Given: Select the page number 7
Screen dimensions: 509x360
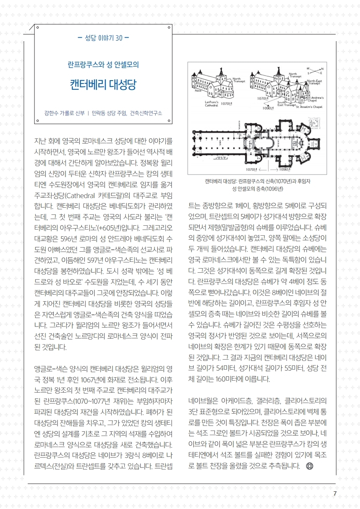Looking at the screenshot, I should click(334, 493).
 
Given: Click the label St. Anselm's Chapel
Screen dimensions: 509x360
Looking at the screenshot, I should click(311, 107).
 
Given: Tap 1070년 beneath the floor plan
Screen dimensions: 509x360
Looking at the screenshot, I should click(251, 170).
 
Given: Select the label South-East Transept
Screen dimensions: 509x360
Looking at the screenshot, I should click(287, 104).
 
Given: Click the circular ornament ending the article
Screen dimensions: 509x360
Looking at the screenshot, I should click(310, 466).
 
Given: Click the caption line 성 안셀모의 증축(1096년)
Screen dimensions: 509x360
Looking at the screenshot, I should click(257, 188).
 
